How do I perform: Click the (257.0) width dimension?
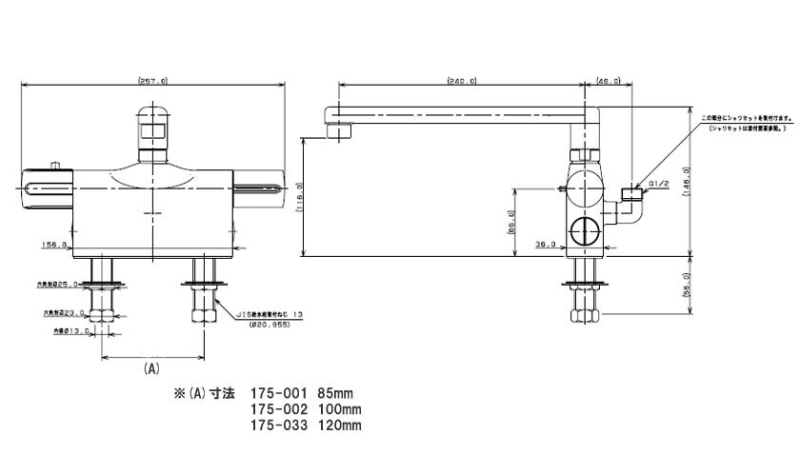[x=153, y=82]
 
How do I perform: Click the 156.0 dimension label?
[x=54, y=246]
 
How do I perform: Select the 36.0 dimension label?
[x=546, y=246]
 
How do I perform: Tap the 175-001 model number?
[x=278, y=392]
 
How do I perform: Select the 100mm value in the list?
[x=340, y=409]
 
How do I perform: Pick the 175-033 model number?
[x=278, y=426]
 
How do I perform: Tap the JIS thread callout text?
[x=274, y=310]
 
